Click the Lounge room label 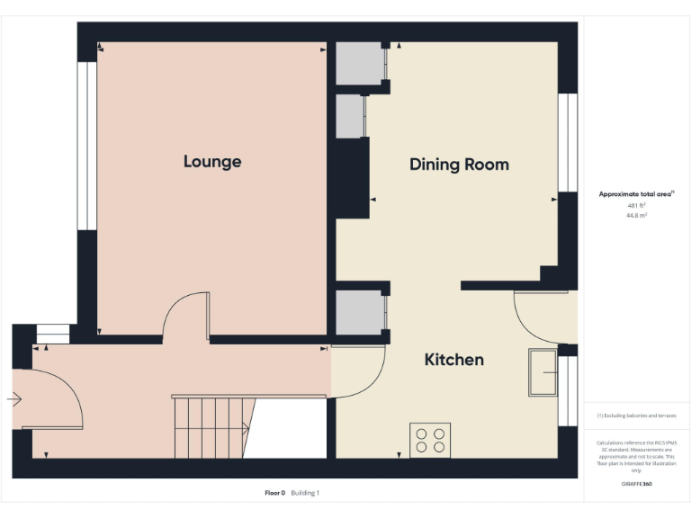212,162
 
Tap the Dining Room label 459,165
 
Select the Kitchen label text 453,360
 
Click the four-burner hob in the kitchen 429,440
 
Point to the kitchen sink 543,372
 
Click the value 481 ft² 636,206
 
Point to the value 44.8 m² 636,216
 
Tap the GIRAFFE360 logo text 636,485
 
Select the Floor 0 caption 274,493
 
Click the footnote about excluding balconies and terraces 636,415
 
